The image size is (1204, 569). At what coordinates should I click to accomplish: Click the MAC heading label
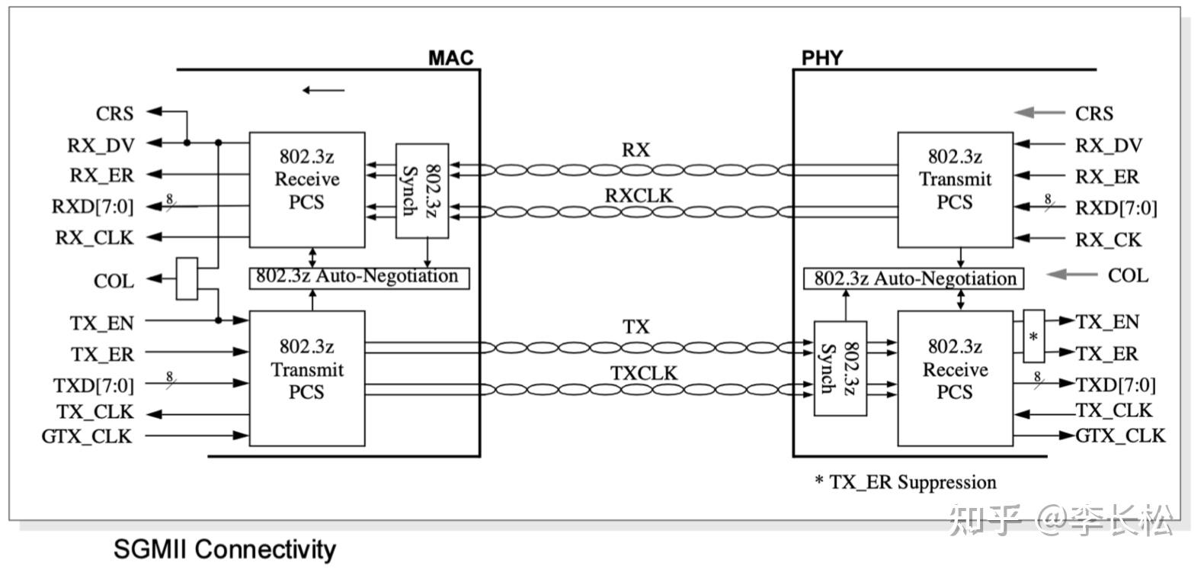pyautogui.click(x=450, y=58)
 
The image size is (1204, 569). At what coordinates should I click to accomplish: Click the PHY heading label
pyautogui.click(x=821, y=58)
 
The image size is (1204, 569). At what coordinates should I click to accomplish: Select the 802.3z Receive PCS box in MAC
pyautogui.click(x=307, y=189)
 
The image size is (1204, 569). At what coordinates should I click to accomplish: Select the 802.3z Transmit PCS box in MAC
pyautogui.click(x=307, y=378)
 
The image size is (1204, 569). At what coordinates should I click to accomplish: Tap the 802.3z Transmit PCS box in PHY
pyautogui.click(x=955, y=189)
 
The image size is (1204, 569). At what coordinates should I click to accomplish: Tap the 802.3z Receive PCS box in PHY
pyautogui.click(x=955, y=378)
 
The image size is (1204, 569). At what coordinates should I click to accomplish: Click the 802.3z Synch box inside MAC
pyautogui.click(x=421, y=190)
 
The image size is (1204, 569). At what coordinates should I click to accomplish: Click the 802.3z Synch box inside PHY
pyautogui.click(x=840, y=368)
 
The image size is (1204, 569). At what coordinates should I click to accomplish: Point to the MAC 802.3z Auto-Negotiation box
pyautogui.click(x=358, y=277)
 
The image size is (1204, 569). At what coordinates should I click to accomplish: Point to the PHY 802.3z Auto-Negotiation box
pyautogui.click(x=914, y=278)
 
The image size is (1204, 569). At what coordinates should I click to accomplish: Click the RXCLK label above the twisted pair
pyautogui.click(x=639, y=196)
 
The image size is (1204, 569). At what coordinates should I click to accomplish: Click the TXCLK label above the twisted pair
pyautogui.click(x=643, y=373)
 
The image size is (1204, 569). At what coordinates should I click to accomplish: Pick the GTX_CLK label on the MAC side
pyautogui.click(x=87, y=436)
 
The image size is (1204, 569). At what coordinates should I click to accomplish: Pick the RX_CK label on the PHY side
pyautogui.click(x=1108, y=240)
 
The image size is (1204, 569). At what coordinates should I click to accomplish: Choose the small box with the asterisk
pyautogui.click(x=1033, y=336)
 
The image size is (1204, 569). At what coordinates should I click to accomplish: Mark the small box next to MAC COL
pyautogui.click(x=187, y=278)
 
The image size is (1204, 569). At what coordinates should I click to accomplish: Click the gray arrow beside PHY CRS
pyautogui.click(x=1039, y=113)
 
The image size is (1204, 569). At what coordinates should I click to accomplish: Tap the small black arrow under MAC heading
pyautogui.click(x=323, y=90)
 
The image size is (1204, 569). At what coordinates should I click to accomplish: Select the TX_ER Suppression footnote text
pyautogui.click(x=905, y=482)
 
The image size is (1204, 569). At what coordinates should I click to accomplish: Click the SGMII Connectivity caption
pyautogui.click(x=224, y=549)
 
